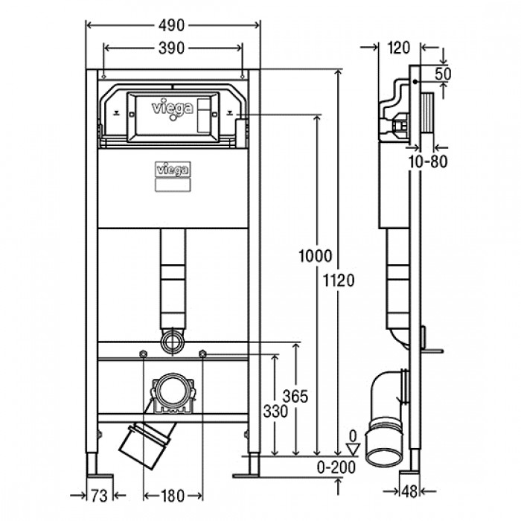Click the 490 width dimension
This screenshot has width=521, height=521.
[x=171, y=25]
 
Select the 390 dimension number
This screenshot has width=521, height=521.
[x=171, y=48]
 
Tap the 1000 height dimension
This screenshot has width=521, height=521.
[x=316, y=256]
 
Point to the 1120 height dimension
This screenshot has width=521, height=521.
[x=339, y=281]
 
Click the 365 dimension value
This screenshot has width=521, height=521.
[x=295, y=396]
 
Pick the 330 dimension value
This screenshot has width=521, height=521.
[x=275, y=412]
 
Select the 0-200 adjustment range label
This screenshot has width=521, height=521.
[x=336, y=467]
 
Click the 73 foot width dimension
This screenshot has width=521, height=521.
[x=99, y=496]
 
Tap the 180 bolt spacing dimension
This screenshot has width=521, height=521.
[x=173, y=496]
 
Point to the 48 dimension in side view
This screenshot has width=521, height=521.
[x=409, y=491]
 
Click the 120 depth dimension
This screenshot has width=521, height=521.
[x=399, y=48]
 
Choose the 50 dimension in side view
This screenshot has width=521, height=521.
[x=443, y=74]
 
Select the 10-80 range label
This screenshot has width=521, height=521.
[x=428, y=162]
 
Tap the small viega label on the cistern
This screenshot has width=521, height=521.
[x=173, y=170]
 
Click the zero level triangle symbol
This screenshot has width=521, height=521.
[x=354, y=449]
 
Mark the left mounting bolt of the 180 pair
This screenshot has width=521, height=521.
[x=143, y=354]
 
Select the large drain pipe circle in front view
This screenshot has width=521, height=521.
[x=173, y=391]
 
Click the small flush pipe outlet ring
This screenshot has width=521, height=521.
[x=173, y=342]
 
